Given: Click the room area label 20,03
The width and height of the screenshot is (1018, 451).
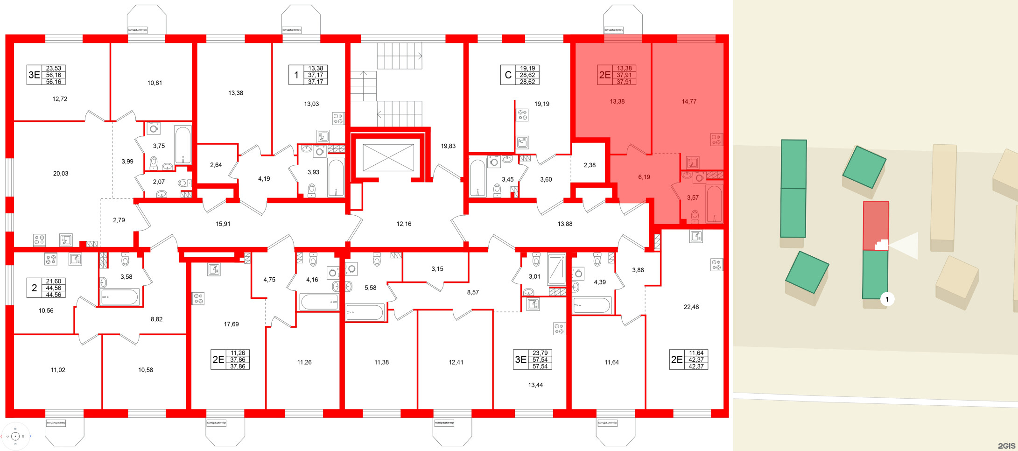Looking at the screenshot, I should pos(61,174).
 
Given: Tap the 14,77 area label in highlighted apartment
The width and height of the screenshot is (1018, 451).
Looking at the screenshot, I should pos(688,101).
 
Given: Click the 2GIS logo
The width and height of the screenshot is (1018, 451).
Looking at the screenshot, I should pos(1006,445).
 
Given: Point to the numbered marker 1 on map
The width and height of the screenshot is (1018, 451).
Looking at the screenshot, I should pos(887,299).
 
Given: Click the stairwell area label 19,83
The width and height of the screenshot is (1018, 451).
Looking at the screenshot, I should pos(448,146).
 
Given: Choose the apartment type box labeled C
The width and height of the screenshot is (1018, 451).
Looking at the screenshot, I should pos(508,75).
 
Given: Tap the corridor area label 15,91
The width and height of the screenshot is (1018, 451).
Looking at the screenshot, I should pos(223,224).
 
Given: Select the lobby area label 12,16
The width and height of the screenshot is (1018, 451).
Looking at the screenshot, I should pos(404,224).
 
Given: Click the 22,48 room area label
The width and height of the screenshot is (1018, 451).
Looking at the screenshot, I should pos(691,307).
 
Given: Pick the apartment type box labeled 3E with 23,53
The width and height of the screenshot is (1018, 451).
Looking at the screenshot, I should pos(34,75).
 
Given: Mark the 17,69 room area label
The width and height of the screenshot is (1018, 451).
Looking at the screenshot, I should pos(231,324).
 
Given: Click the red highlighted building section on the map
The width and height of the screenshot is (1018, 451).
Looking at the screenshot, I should pos(875,224).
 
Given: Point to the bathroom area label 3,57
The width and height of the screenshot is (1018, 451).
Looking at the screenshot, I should pos(693,198).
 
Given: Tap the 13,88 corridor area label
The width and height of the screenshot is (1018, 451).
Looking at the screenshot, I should pos(565,224).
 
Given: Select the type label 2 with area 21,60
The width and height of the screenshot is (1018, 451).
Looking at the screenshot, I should pos(34,288).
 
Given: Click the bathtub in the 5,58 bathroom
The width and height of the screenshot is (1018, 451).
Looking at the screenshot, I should pos(365,312).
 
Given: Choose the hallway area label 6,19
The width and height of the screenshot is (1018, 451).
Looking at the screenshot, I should pos(644,177).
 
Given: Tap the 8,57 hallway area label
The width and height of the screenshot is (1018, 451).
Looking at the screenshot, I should pos(473,292).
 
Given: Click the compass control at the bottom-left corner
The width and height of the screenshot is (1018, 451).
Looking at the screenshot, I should pos(15,436).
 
